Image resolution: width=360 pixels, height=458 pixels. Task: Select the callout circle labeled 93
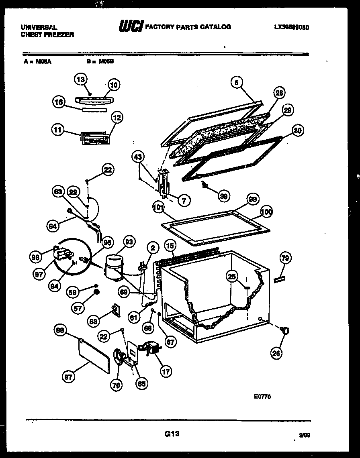(x=129, y=242)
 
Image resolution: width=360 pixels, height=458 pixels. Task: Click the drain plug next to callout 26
(x=286, y=330)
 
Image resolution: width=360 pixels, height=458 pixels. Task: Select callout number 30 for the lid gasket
(x=298, y=130)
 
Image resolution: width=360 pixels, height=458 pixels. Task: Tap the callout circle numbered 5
(x=237, y=82)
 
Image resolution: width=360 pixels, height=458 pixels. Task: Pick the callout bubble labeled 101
(x=159, y=208)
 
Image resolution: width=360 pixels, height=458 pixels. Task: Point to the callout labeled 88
(x=60, y=330)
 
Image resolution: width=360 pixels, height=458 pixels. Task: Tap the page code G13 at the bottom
(x=172, y=434)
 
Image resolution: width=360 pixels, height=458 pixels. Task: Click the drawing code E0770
(x=262, y=397)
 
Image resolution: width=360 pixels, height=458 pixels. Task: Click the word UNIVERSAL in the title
(x=39, y=27)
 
